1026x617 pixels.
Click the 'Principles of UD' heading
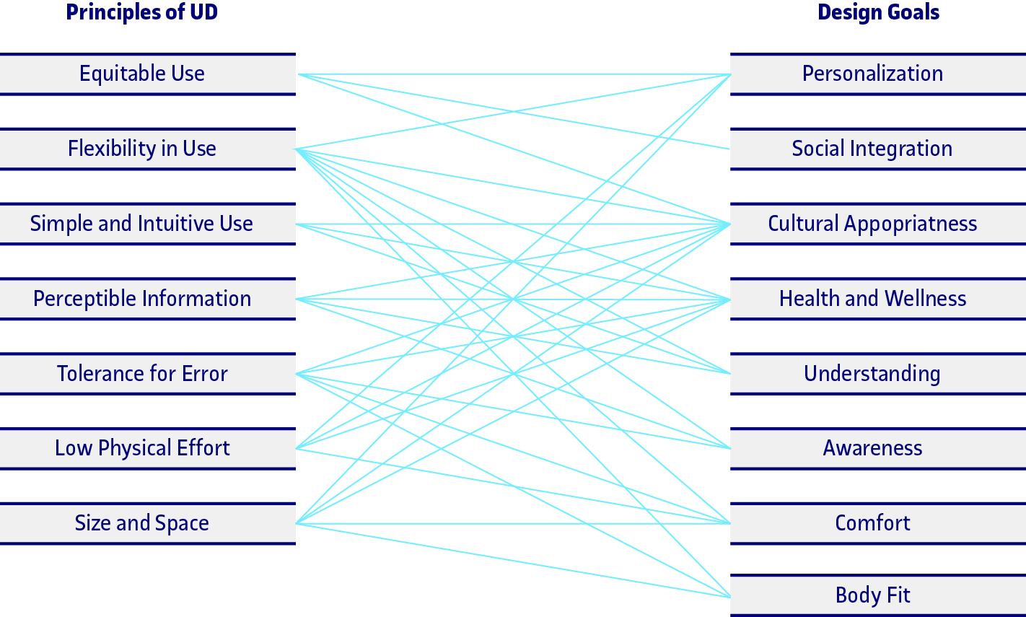pos(141,12)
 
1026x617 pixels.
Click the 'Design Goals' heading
pos(878,12)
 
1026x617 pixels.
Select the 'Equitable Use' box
pos(142,74)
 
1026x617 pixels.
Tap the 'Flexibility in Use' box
pos(142,149)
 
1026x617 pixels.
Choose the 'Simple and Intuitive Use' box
pos(142,224)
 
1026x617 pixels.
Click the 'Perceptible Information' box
pos(142,299)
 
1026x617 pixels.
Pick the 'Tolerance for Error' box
pos(142,374)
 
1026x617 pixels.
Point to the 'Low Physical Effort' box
pos(142,448)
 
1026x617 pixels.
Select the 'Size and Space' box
pos(142,523)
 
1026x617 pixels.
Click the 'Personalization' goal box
pos(872,74)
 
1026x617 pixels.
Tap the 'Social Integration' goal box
pos(872,149)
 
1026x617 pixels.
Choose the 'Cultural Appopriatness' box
pos(872,224)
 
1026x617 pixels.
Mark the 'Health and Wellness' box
pos(872,299)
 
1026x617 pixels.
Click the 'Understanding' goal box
pos(872,374)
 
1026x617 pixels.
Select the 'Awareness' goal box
pos(872,448)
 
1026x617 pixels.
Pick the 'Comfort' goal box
pos(872,523)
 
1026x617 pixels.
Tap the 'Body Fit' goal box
pos(872,595)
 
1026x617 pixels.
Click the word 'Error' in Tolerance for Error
pos(205,374)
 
